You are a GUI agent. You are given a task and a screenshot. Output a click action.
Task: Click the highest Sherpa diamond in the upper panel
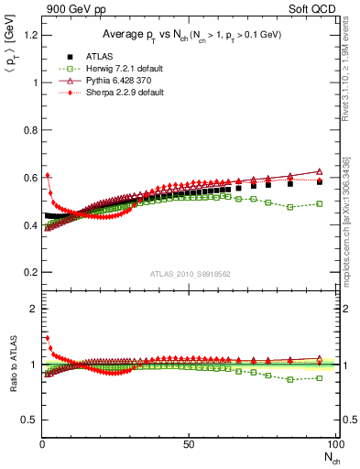47,175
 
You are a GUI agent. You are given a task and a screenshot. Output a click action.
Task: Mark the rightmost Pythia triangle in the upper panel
320,171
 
